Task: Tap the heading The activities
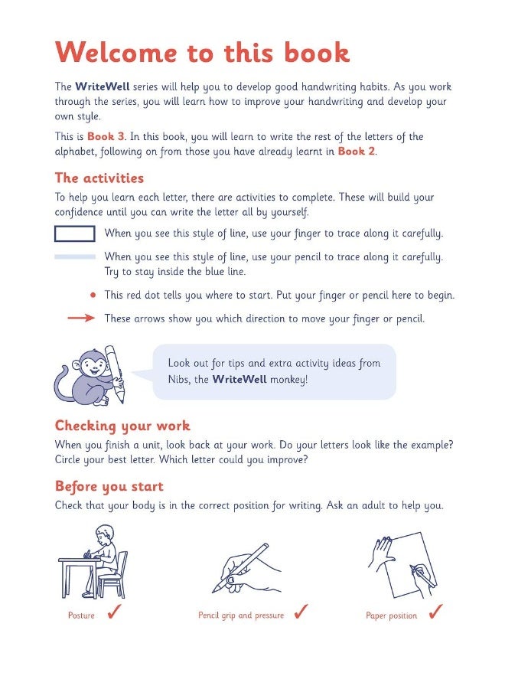coord(99,178)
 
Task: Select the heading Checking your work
coord(122,426)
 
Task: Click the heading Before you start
coord(109,486)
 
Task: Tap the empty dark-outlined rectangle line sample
coord(75,233)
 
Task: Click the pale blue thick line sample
coord(75,257)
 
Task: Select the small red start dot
coord(93,294)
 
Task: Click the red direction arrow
coord(81,318)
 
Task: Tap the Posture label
coord(81,616)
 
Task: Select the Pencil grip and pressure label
coord(240,616)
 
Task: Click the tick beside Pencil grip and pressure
coord(301,612)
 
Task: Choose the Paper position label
coord(391,616)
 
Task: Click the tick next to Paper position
coord(436,612)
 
